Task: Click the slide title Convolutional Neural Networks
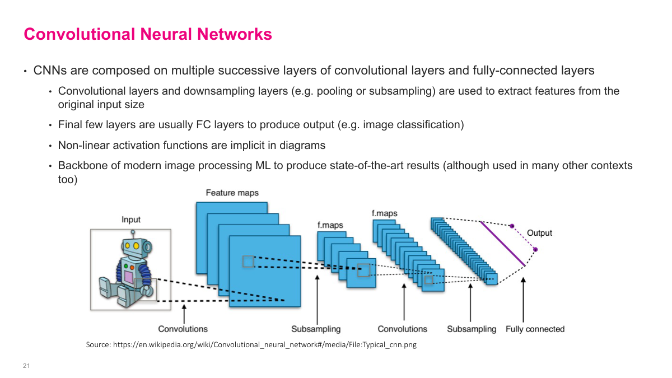[x=148, y=34]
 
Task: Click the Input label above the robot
[x=131, y=220]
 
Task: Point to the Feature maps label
[x=232, y=193]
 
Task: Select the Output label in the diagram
[x=539, y=233]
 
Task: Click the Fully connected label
[x=535, y=329]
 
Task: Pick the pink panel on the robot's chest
[x=129, y=276]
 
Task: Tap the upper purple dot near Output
[x=511, y=226]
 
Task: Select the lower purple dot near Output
[x=535, y=249]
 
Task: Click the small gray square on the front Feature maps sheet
[x=248, y=262]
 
